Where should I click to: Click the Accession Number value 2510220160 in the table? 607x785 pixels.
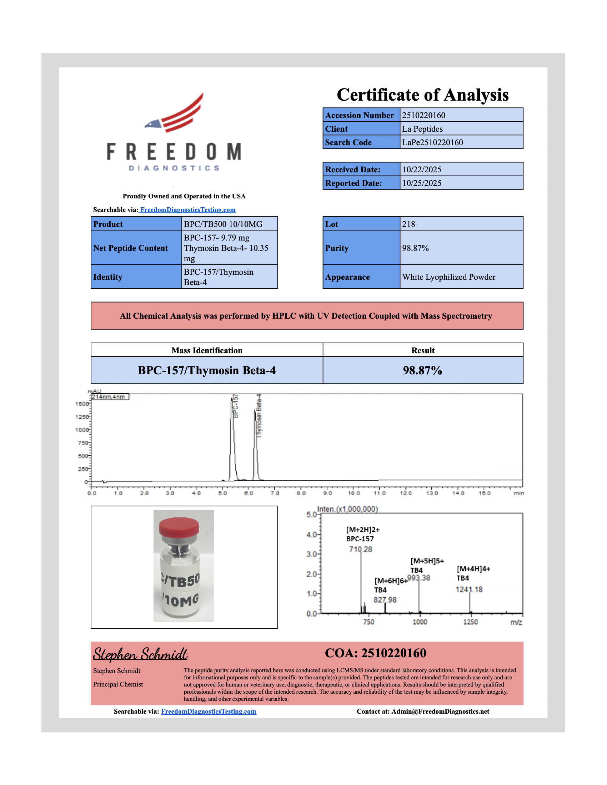(423, 115)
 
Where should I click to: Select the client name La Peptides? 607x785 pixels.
(422, 129)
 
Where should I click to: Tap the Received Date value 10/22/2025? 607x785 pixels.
(421, 169)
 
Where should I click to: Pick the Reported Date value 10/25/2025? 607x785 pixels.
(421, 183)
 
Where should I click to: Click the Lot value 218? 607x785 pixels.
(408, 224)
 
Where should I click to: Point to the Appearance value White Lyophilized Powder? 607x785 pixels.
(448, 277)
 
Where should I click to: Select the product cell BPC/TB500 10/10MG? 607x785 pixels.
(223, 224)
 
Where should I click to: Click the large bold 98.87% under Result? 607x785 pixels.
(422, 371)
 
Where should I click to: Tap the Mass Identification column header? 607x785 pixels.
(207, 350)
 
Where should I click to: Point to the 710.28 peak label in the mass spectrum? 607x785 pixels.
(360, 549)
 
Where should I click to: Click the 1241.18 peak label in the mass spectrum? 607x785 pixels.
(469, 589)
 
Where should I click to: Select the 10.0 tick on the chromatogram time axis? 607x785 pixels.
(353, 493)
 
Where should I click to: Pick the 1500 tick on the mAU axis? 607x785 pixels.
(82, 404)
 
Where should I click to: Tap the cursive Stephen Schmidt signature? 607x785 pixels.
(140, 654)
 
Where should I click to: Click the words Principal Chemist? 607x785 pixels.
(118, 684)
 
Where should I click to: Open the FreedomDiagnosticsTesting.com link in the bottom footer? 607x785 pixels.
(209, 712)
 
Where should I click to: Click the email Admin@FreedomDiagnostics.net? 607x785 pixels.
(440, 712)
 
